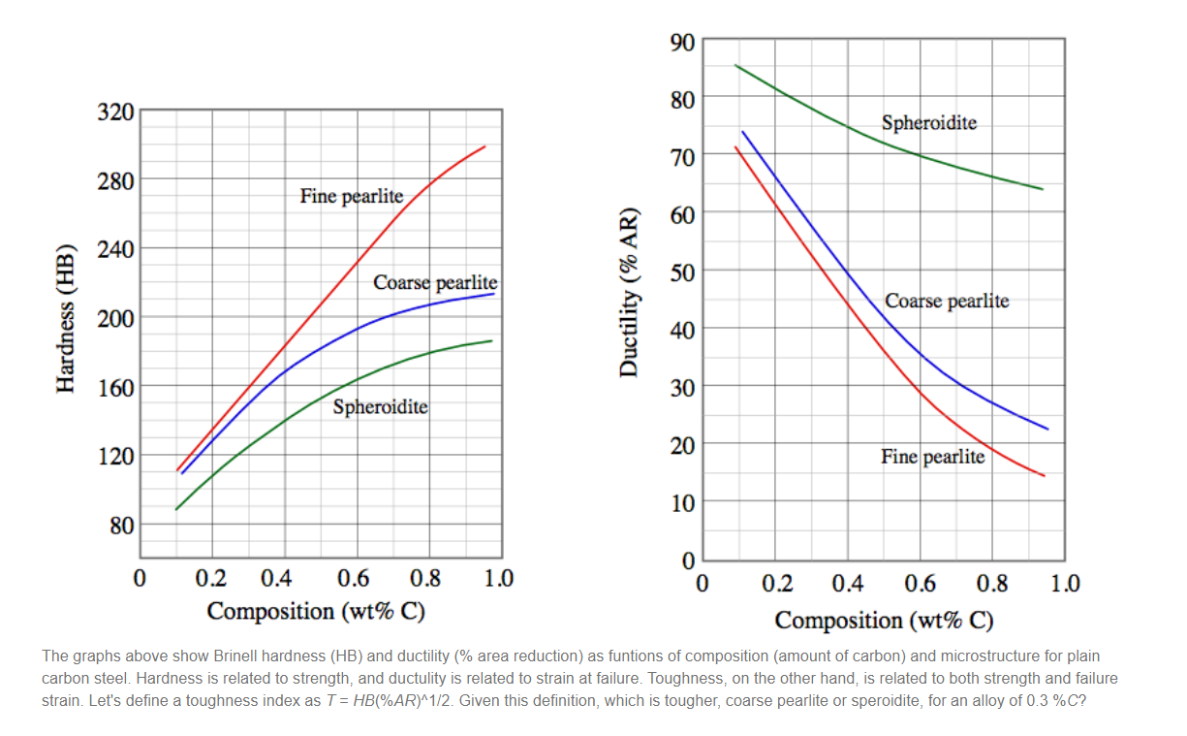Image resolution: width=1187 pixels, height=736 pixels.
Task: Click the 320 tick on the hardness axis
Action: point(116,111)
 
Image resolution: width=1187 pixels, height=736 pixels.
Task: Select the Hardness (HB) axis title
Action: point(66,317)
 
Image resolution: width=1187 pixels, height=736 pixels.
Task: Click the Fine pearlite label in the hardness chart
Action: point(351,196)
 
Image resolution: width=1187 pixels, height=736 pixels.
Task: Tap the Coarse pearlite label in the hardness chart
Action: point(435,283)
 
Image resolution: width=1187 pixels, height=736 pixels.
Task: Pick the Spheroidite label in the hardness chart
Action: point(380,407)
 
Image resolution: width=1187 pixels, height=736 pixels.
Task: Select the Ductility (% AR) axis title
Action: point(631,292)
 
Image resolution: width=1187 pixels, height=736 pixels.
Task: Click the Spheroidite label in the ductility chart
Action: point(928,123)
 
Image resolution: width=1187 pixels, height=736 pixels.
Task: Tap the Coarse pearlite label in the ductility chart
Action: point(947,301)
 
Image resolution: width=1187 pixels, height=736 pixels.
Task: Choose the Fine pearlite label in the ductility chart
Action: point(932,457)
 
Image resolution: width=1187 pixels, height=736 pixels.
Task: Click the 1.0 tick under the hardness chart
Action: point(499,579)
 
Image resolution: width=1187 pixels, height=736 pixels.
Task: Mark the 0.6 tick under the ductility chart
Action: point(920,584)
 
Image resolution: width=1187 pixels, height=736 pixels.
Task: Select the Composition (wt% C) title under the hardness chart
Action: point(316,612)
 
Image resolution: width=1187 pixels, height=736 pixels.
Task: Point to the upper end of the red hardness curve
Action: point(484,146)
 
